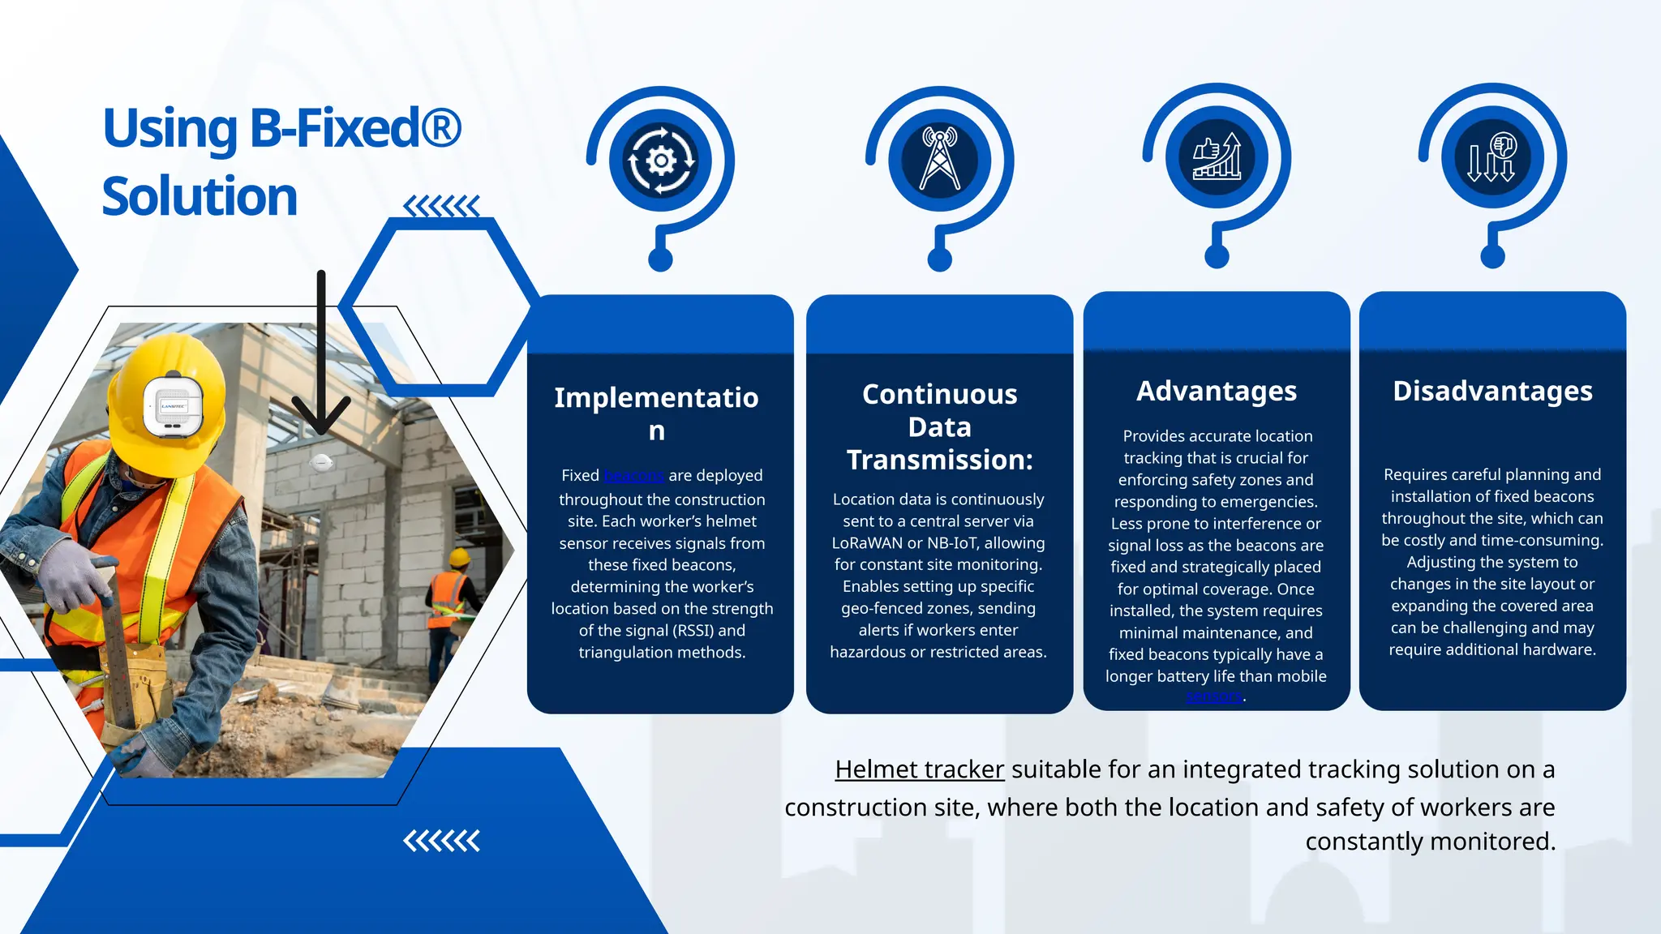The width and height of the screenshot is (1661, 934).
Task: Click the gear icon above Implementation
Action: [661, 161]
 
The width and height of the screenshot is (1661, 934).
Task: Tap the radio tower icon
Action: [939, 159]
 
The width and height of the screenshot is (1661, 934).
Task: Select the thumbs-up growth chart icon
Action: [1217, 156]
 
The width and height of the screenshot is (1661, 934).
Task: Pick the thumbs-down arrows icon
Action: [1491, 156]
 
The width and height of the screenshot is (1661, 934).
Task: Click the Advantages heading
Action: [1217, 391]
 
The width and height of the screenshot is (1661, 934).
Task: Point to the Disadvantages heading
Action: [1492, 391]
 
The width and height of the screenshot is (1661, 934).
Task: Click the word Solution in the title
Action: [200, 197]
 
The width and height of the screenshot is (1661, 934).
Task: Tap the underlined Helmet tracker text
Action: [919, 769]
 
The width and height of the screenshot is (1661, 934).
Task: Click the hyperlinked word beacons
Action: [634, 475]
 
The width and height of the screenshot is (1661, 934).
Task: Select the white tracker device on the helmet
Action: [173, 405]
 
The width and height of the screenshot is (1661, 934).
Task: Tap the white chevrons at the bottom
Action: [441, 842]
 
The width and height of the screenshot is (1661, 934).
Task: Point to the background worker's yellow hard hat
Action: [460, 558]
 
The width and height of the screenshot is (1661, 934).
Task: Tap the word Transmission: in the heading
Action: [939, 460]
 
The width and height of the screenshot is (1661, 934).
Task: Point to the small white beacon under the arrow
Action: [321, 463]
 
